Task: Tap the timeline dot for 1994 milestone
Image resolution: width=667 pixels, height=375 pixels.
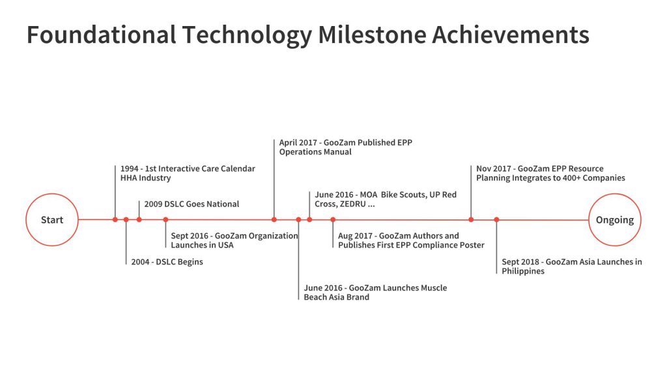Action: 115,220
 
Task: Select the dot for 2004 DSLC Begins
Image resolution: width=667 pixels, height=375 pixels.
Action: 126,220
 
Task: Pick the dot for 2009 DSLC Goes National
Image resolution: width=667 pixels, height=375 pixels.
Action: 139,220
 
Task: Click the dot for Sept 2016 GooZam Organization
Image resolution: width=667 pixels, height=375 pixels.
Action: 165,220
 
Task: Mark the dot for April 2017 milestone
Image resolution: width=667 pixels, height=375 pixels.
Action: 274,220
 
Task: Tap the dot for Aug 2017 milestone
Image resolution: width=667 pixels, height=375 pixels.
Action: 333,220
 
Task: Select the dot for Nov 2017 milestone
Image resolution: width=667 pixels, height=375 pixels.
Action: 471,220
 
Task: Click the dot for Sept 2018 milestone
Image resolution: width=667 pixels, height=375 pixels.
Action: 496,220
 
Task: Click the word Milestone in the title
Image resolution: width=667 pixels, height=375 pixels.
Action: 372,35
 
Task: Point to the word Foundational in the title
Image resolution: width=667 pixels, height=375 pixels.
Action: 102,35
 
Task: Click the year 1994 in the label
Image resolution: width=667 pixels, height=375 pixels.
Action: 130,169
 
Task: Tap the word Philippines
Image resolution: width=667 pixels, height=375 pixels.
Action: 523,271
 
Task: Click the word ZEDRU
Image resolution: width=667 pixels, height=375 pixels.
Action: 352,204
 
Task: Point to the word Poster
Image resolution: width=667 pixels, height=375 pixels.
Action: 472,245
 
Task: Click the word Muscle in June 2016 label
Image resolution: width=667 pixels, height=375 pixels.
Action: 433,288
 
